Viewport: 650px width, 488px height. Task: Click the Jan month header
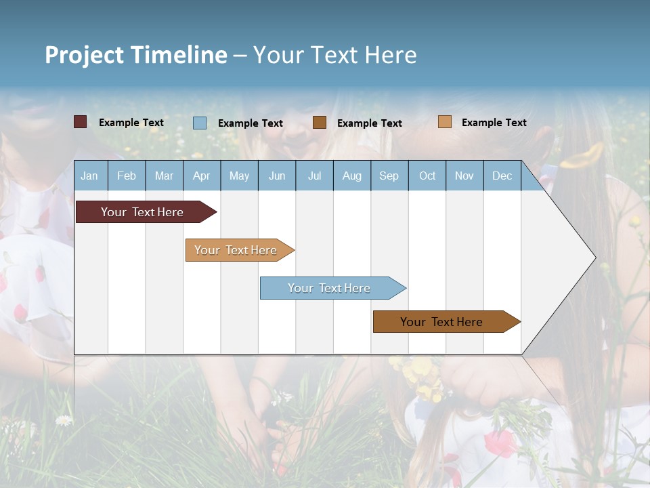[89, 176]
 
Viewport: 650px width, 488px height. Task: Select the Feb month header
[127, 176]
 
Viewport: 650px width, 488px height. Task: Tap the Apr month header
[201, 176]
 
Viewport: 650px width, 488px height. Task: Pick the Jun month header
[277, 176]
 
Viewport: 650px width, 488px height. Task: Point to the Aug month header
[352, 176]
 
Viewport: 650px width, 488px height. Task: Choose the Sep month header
[389, 176]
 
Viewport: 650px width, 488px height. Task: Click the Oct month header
[427, 176]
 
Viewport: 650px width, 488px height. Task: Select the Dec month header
[502, 176]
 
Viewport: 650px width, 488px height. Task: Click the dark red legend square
[81, 122]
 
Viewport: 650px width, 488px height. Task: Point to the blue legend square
[200, 123]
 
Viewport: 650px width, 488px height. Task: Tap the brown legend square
[320, 123]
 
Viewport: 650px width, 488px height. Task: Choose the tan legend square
[445, 122]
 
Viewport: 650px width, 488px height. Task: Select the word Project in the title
[85, 55]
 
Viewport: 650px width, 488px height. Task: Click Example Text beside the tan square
[494, 122]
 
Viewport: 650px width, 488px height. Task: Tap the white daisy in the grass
[64, 420]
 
